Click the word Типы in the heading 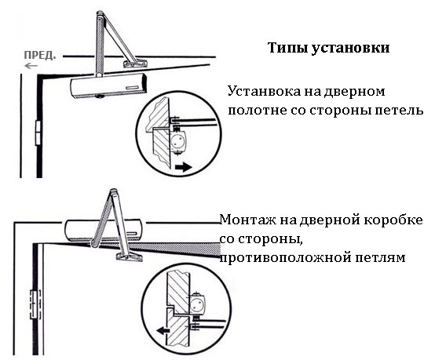(x=287, y=48)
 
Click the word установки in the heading (x=351, y=49)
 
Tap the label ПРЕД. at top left (x=40, y=56)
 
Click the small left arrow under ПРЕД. (x=31, y=66)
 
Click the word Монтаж (x=249, y=220)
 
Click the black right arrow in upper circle (x=184, y=167)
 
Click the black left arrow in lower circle (x=163, y=330)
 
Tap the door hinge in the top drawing (x=38, y=133)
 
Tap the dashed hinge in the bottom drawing (x=35, y=304)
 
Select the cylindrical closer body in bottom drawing (x=104, y=231)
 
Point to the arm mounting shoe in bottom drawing (x=130, y=256)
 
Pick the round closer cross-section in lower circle (x=197, y=304)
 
